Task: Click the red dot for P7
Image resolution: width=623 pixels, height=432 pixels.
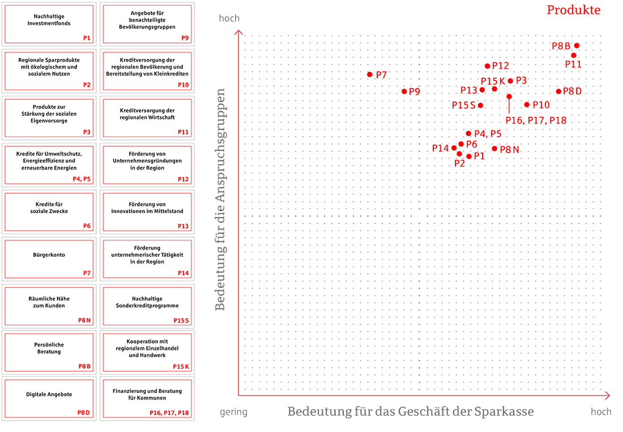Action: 370,74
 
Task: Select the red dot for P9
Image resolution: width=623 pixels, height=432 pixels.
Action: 404,91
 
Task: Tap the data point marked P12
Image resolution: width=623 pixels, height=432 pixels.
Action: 488,66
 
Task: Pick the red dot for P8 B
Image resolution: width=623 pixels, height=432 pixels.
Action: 577,46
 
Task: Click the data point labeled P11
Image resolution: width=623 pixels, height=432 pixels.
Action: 574,56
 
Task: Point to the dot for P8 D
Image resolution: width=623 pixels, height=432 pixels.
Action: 558,91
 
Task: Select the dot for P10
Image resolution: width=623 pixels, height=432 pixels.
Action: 527,104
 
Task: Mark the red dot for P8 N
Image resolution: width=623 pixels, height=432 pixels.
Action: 494,149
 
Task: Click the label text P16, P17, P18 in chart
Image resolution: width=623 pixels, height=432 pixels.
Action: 536,120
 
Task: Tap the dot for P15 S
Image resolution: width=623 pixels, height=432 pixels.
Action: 480,105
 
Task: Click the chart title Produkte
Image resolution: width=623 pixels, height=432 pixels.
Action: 573,10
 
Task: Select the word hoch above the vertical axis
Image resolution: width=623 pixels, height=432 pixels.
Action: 229,19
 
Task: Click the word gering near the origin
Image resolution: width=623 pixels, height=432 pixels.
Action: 233,412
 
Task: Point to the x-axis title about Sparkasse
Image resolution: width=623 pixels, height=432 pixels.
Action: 411,412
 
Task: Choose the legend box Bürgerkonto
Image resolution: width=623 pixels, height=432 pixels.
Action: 49,259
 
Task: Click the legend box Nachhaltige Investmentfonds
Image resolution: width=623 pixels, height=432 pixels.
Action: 49,24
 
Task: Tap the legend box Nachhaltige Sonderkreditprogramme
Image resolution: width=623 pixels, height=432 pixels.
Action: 147,306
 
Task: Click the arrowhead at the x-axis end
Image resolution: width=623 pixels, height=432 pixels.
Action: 607,395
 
